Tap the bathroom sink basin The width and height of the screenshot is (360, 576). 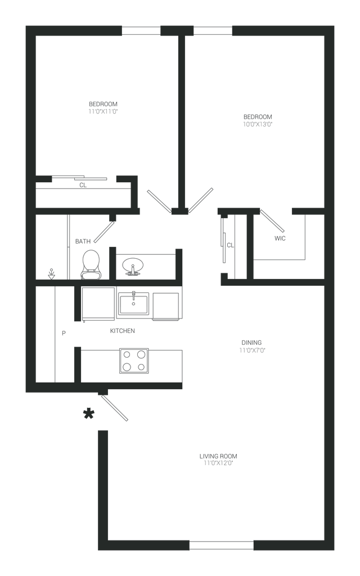[132, 264]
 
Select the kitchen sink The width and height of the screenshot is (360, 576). [133, 304]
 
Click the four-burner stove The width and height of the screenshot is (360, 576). [133, 361]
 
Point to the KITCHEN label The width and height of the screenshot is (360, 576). [122, 331]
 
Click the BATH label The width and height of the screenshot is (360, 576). [83, 241]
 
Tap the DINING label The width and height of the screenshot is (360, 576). [251, 345]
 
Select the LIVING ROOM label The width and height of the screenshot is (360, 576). [218, 460]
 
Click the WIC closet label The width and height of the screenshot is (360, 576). [280, 238]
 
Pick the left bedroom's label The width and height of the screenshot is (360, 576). [103, 107]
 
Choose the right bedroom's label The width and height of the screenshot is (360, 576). [258, 121]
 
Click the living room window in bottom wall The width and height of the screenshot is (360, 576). [222, 544]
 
